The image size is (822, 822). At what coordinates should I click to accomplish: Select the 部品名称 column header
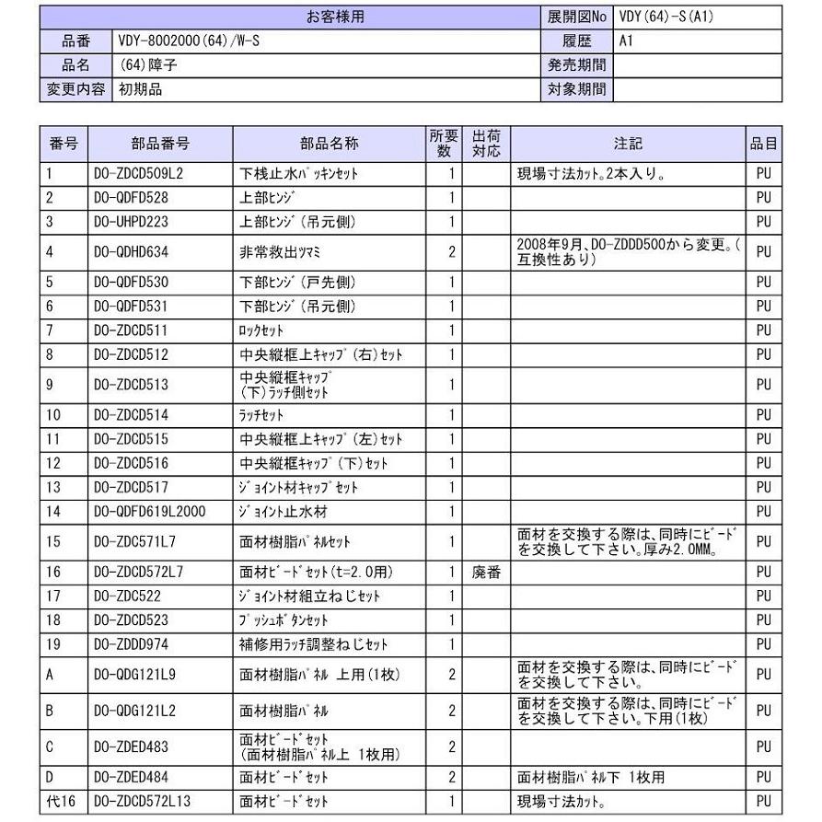click(329, 144)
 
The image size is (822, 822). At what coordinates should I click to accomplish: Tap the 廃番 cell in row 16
click(487, 573)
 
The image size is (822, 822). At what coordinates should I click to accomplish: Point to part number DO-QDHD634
click(136, 251)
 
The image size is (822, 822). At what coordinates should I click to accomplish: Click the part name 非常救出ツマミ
click(278, 251)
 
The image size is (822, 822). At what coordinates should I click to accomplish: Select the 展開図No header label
click(577, 17)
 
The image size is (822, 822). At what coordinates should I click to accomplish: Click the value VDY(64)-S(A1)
click(665, 17)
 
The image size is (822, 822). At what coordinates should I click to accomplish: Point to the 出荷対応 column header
click(487, 144)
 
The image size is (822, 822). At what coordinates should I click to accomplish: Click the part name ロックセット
click(262, 330)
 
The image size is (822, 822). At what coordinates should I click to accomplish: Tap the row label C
click(51, 746)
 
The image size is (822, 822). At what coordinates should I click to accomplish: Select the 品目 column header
click(763, 144)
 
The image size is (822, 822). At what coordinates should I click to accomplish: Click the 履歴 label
click(577, 41)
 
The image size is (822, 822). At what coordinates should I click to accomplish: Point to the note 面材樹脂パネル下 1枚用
click(591, 778)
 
